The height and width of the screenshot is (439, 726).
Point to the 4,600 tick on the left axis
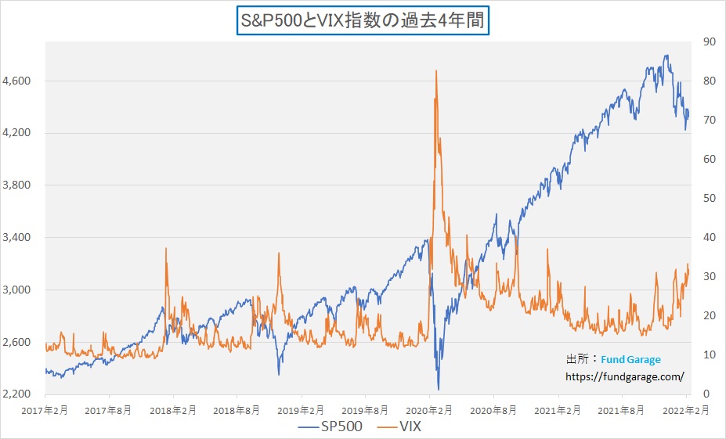point(17,81)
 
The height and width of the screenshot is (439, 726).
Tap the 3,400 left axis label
point(17,237)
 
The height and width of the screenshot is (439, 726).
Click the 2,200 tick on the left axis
point(17,394)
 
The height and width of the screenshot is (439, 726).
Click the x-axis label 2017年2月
point(45,409)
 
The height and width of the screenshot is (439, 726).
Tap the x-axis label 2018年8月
point(237,409)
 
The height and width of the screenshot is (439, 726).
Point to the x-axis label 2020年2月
point(430,409)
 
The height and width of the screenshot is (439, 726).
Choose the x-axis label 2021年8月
point(623,409)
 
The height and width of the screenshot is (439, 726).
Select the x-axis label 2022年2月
point(686,409)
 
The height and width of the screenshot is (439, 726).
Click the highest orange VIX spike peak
point(435,71)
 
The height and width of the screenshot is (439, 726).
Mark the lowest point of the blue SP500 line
point(439,389)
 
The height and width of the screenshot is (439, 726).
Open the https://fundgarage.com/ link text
point(625,376)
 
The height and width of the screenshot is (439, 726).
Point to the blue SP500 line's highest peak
point(666,56)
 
